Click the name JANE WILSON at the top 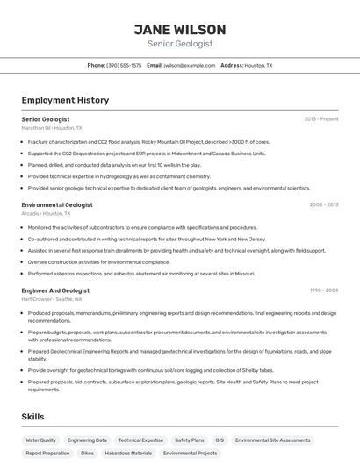[179, 29]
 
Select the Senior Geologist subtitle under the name [179, 43]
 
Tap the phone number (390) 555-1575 [124, 65]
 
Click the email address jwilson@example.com [189, 65]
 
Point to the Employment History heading [65, 100]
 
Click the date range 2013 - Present [321, 118]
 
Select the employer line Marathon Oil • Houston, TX [51, 127]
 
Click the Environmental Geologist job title [57, 204]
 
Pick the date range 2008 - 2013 [324, 204]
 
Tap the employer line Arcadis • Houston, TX [46, 213]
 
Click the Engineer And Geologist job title [55, 290]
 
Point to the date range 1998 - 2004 [324, 290]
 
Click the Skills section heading [32, 417]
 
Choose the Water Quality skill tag [41, 440]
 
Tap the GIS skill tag [220, 440]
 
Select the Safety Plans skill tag [189, 440]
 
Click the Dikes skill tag [87, 454]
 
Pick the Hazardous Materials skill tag [129, 454]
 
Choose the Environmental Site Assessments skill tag [272, 440]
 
